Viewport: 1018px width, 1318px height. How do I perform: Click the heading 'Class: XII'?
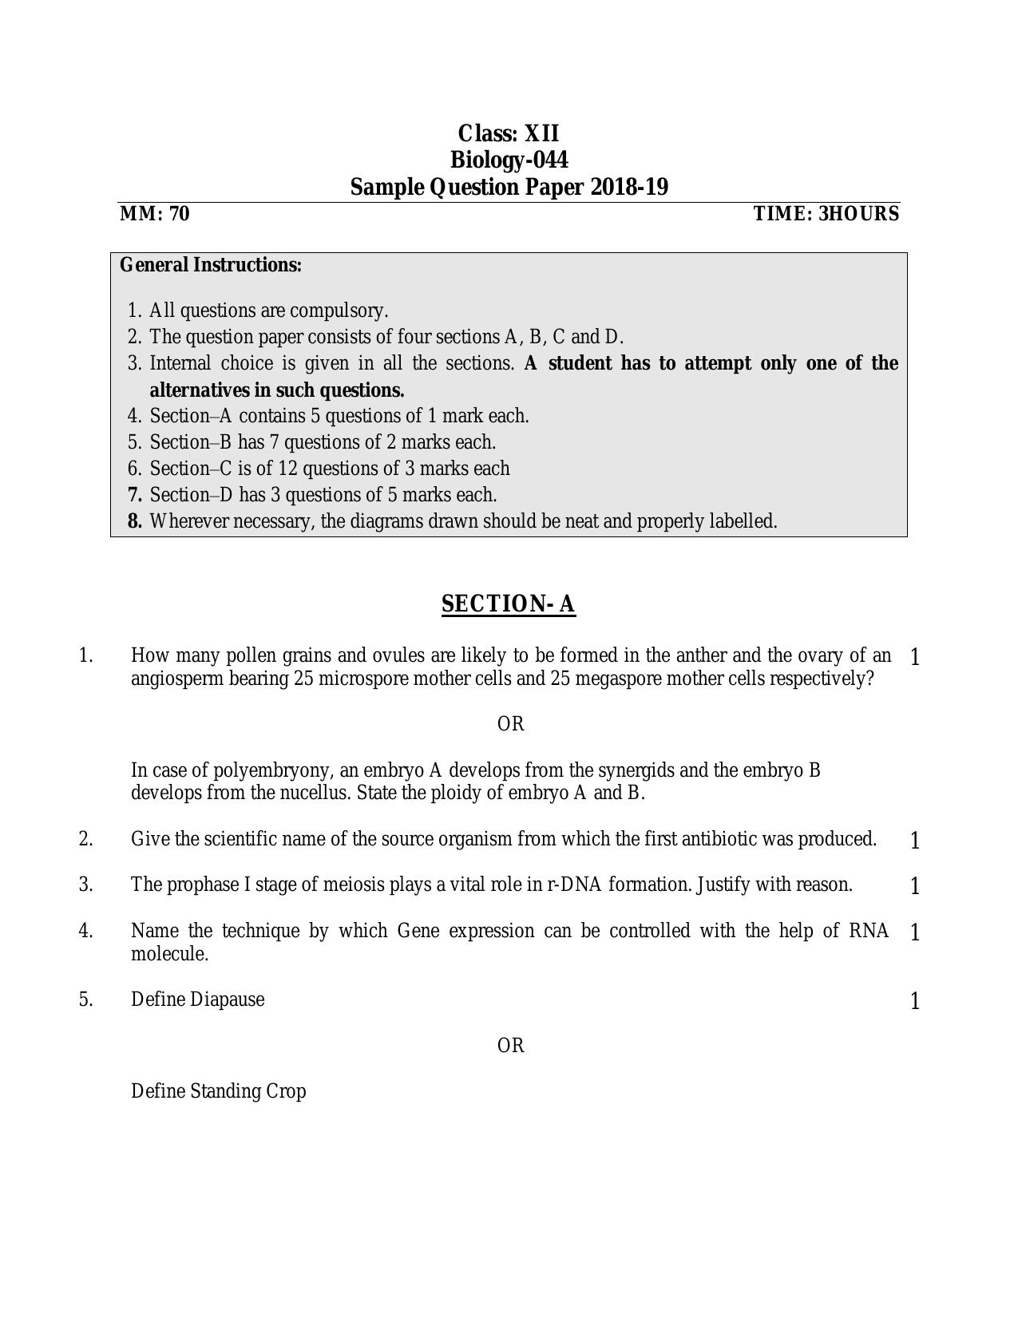click(x=509, y=133)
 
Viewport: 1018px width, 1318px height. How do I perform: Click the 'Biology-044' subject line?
click(x=509, y=160)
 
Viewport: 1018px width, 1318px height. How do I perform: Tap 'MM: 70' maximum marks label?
click(x=155, y=214)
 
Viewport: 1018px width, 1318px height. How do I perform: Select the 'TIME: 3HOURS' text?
click(x=826, y=214)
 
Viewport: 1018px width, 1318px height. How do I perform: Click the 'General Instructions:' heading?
click(x=211, y=265)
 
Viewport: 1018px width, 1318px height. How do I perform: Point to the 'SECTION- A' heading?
click(x=509, y=604)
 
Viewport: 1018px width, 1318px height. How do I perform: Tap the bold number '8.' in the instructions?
click(x=135, y=521)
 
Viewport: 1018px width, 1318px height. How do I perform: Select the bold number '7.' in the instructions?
click(x=135, y=495)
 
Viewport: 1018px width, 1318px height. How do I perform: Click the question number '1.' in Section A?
click(x=86, y=656)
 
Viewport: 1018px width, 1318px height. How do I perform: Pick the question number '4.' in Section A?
click(x=86, y=931)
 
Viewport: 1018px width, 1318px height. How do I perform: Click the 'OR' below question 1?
click(x=511, y=724)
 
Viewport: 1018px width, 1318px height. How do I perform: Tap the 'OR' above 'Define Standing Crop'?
click(x=511, y=1046)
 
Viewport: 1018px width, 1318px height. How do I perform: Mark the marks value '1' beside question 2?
click(x=915, y=841)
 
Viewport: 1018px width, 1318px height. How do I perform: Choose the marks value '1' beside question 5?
click(x=915, y=1001)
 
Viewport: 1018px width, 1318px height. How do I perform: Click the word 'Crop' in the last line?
click(x=287, y=1091)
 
